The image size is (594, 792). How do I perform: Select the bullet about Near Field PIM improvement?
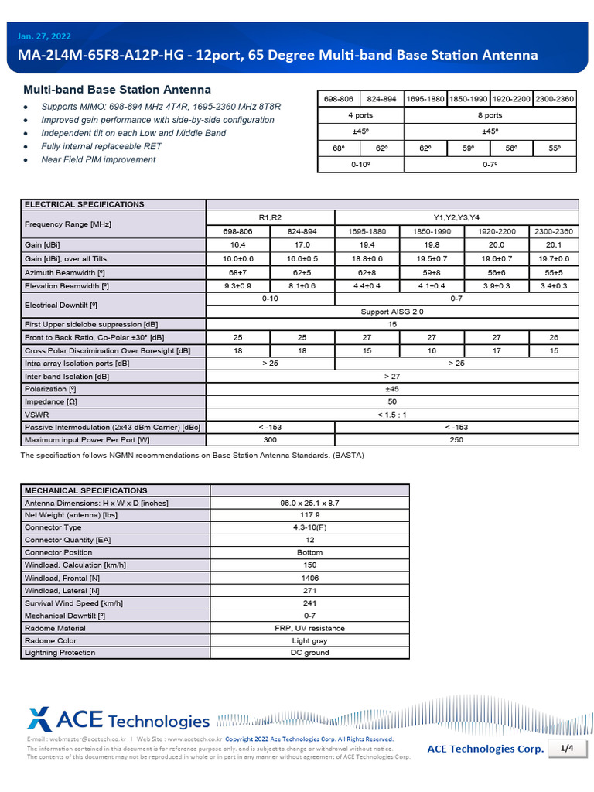(98, 159)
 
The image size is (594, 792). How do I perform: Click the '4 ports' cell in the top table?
(361, 115)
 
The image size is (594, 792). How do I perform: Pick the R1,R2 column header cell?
(270, 217)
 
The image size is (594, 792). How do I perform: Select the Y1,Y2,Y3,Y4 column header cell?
(456, 217)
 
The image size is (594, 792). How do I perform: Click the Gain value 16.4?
(237, 244)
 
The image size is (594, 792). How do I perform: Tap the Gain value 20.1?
(553, 244)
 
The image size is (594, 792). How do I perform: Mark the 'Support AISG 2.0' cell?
(392, 311)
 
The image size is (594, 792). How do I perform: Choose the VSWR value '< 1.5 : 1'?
(392, 414)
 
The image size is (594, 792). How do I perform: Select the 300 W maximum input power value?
(270, 439)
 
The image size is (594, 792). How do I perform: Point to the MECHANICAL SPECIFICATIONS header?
(86, 490)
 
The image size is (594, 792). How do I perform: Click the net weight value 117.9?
(309, 515)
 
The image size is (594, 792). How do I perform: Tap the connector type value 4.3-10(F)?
(309, 527)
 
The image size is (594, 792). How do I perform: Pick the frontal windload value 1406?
(309, 578)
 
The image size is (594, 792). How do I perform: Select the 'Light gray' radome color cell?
(309, 640)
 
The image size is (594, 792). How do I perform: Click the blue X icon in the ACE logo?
(40, 719)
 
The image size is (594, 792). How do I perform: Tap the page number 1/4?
(566, 748)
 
